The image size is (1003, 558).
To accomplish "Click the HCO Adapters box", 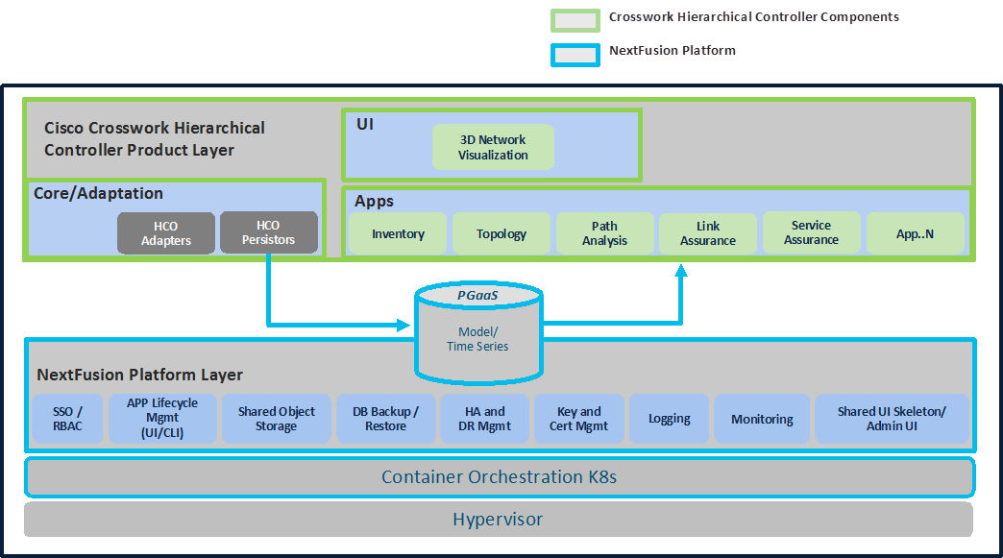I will tap(166, 233).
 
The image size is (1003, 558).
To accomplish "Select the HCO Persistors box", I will tap(269, 232).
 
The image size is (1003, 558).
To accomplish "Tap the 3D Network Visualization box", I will tap(493, 148).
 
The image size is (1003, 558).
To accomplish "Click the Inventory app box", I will tap(398, 233).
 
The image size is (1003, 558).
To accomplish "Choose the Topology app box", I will tap(501, 233).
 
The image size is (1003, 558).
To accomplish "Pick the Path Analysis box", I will tap(604, 233).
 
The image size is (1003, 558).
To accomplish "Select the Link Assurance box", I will tap(707, 233).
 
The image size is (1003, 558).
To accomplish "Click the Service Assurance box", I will tap(811, 232).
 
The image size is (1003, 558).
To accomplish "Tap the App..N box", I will tap(915, 233).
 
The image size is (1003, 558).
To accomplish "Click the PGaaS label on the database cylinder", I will tap(477, 295).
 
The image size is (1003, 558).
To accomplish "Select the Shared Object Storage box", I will tap(276, 419).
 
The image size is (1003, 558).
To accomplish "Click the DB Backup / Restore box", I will tap(385, 419).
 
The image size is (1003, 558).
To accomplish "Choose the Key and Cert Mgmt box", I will tap(578, 419).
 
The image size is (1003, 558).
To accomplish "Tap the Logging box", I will tap(669, 419).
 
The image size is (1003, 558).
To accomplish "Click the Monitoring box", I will tap(762, 419).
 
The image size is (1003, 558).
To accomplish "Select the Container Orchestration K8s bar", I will tap(499, 477).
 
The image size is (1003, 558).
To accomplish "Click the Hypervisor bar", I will tap(498, 520).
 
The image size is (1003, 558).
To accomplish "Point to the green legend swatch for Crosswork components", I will tap(575, 19).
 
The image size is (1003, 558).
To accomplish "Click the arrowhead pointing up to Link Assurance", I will tap(681, 272).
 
